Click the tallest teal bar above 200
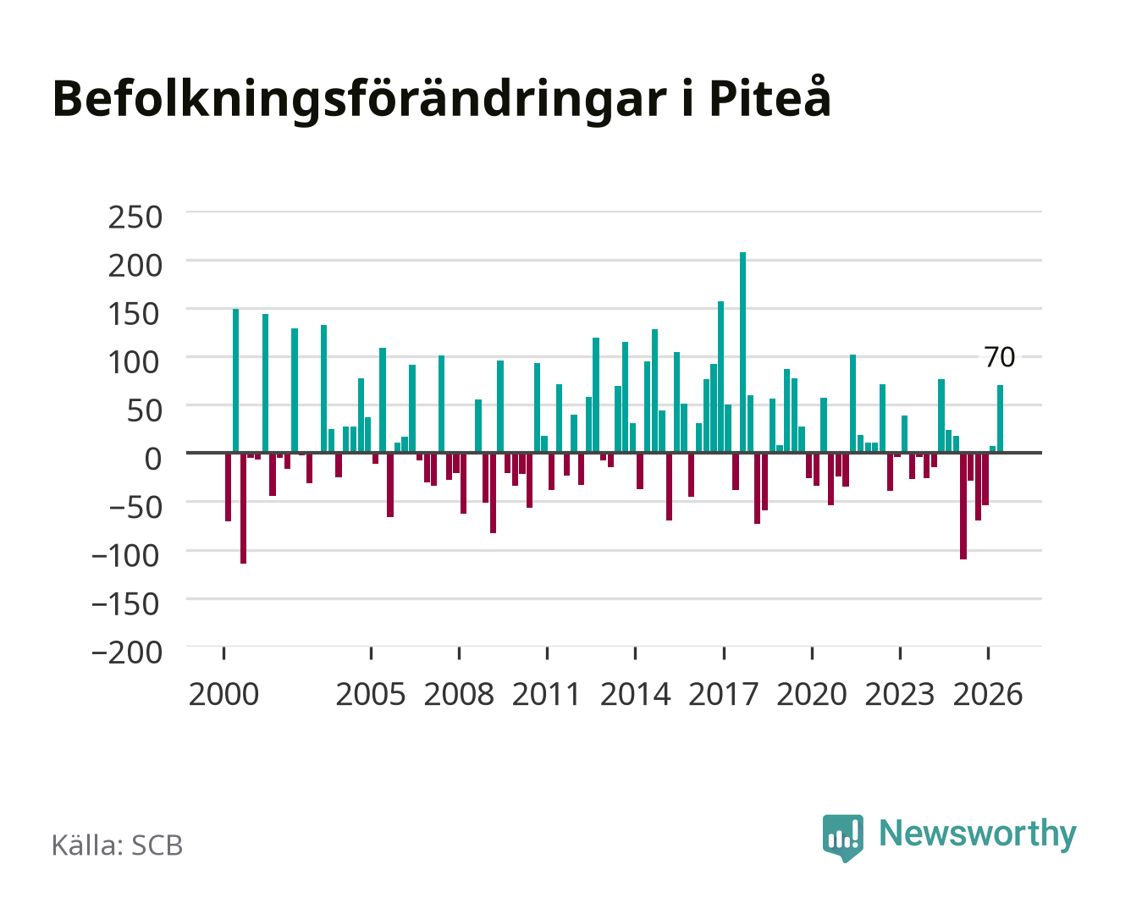click(x=742, y=352)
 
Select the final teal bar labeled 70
click(x=1000, y=419)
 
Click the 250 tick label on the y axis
click(x=135, y=217)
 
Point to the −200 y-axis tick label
click(x=126, y=652)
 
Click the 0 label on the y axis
click(x=153, y=459)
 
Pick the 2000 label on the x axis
click(x=223, y=694)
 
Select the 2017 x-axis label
click(x=723, y=694)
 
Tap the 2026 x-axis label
click(x=988, y=694)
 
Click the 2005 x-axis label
click(x=371, y=694)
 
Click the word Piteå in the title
click(x=770, y=97)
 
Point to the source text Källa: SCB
click(x=117, y=845)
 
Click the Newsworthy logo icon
click(x=842, y=838)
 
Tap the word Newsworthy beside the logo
click(x=978, y=835)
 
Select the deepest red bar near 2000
click(x=243, y=508)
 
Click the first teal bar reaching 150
click(x=235, y=381)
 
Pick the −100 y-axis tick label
click(x=125, y=556)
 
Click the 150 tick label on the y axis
click(x=134, y=314)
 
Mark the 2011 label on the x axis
click(x=546, y=694)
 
